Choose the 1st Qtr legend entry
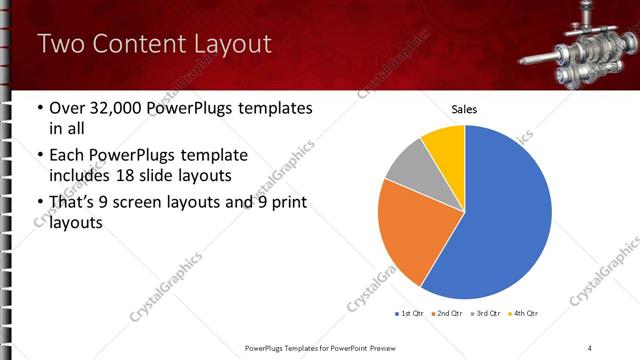pyautogui.click(x=410, y=313)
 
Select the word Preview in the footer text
pyautogui.click(x=392, y=347)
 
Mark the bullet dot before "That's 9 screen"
pyautogui.click(x=39, y=204)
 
